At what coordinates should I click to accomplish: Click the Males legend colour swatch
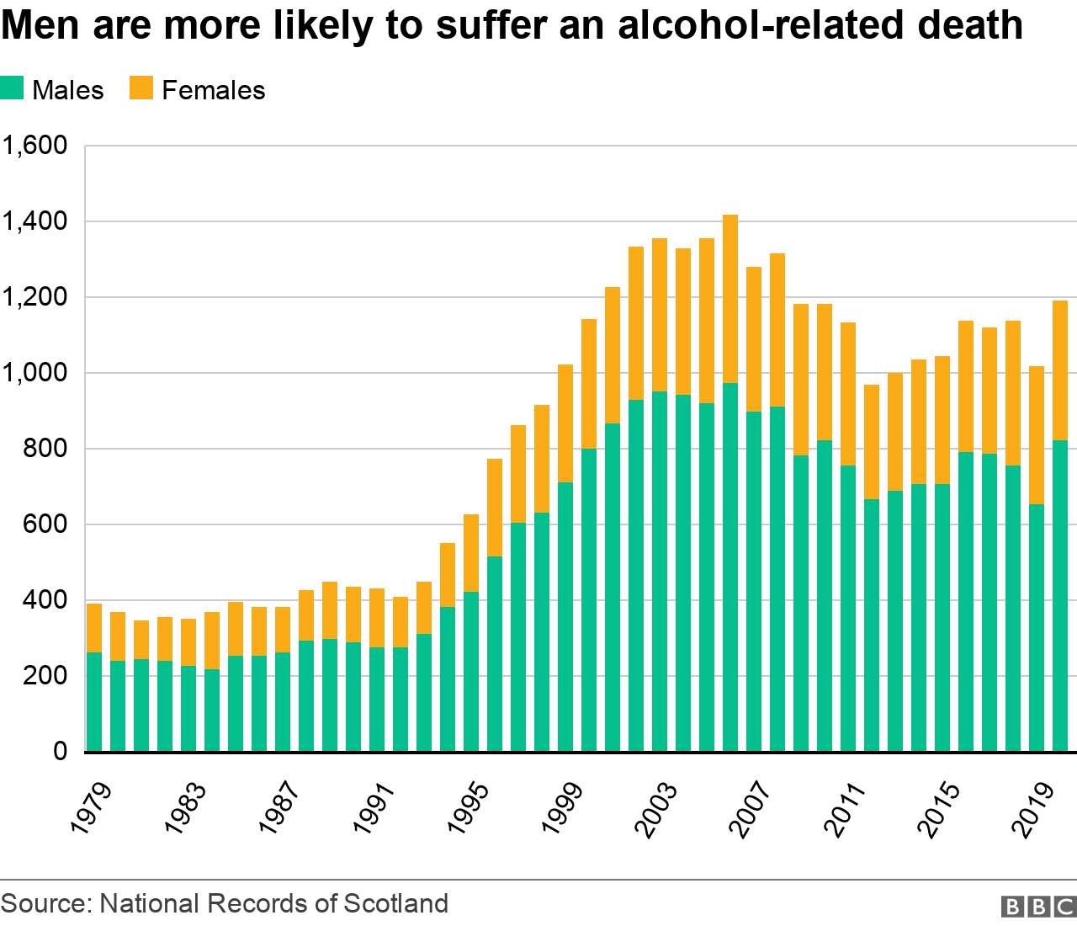coord(12,88)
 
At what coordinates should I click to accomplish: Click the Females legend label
coord(213,90)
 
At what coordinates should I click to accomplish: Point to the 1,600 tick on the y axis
coord(34,146)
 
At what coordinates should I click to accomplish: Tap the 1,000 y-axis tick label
coord(34,373)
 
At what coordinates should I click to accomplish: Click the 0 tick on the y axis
coord(60,751)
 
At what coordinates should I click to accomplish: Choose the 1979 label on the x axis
coord(91,809)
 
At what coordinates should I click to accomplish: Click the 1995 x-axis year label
coord(468,809)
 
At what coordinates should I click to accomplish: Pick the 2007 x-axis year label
coord(751,809)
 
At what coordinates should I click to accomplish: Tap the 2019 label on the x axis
coord(1033,809)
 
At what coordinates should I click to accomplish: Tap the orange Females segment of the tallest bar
coord(730,299)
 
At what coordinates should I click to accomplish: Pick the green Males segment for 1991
coord(377,699)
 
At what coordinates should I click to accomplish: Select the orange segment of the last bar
coord(1060,370)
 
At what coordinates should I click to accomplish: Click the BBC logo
coord(1038,906)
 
